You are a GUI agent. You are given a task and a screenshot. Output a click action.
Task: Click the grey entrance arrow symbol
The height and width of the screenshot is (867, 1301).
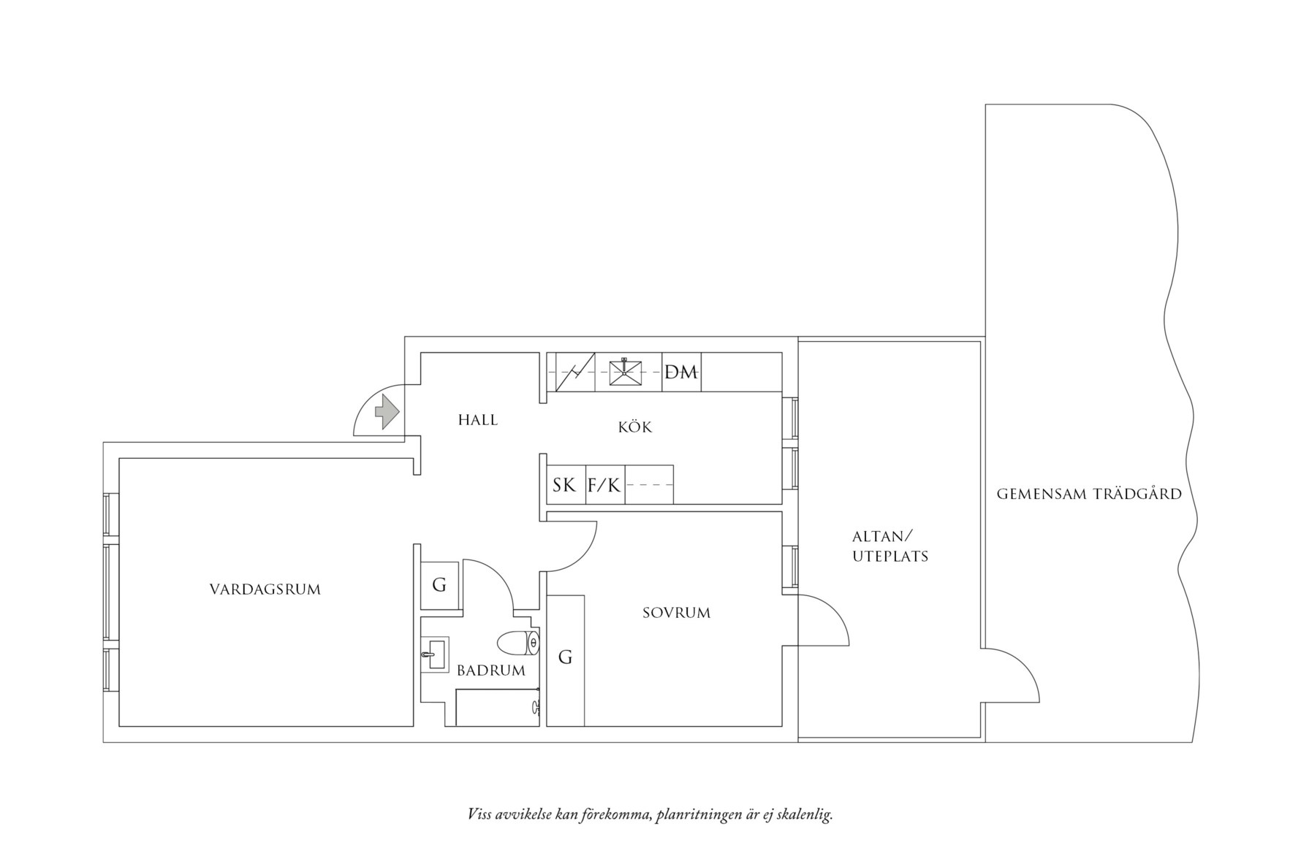point(387,411)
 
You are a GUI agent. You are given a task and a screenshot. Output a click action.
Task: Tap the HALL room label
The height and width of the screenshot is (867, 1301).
point(478,420)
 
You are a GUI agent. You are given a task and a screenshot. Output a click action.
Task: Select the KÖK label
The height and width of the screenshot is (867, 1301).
point(634,427)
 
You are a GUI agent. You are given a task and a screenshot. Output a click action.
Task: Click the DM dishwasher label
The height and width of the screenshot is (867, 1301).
point(681,373)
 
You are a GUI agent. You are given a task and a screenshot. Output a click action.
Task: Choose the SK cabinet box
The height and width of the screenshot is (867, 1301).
point(564,485)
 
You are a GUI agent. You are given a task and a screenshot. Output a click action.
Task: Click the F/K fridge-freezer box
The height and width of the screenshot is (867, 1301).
point(604,485)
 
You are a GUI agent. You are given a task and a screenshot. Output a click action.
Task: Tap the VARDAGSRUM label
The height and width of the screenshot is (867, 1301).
point(265,589)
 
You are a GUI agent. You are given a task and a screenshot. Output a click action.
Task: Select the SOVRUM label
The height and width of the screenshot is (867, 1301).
point(676,613)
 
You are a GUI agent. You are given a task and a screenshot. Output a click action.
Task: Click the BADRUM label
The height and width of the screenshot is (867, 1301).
point(490,671)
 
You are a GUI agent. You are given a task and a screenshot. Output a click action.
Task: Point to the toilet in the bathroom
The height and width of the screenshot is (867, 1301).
point(518,643)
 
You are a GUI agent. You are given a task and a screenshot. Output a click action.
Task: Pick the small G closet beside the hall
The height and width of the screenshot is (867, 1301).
point(439,585)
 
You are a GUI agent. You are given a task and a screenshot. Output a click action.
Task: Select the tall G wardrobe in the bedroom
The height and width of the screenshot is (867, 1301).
point(565,658)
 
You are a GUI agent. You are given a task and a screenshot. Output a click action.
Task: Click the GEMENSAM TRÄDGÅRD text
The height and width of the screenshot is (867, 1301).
point(1089,494)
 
